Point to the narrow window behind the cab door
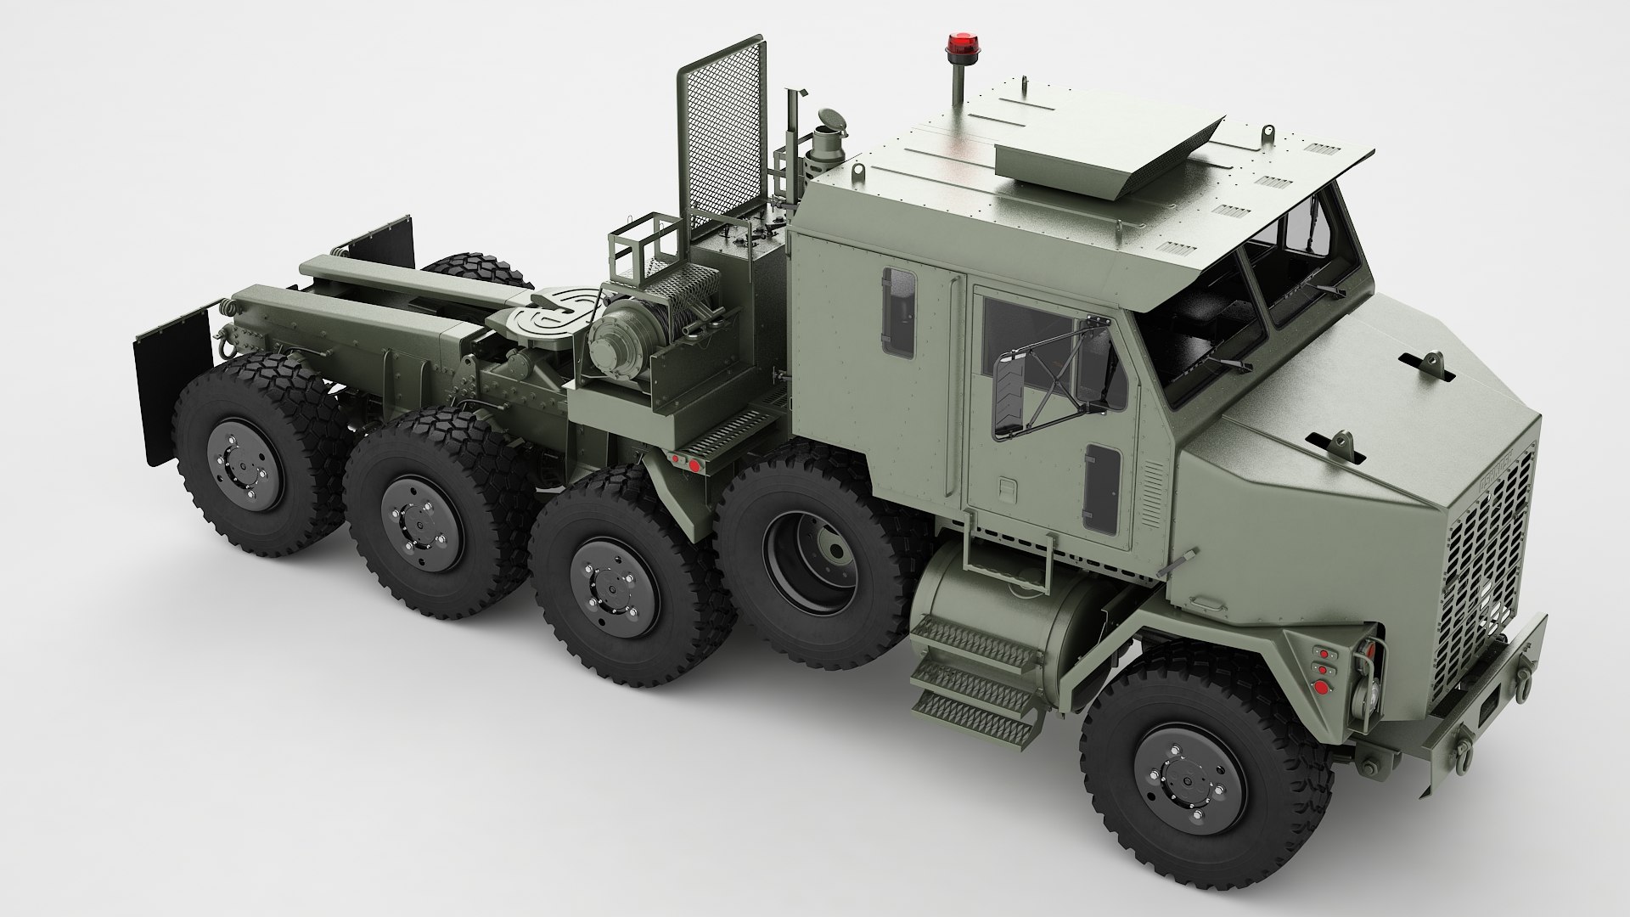point(899,312)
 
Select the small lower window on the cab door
point(1101,489)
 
